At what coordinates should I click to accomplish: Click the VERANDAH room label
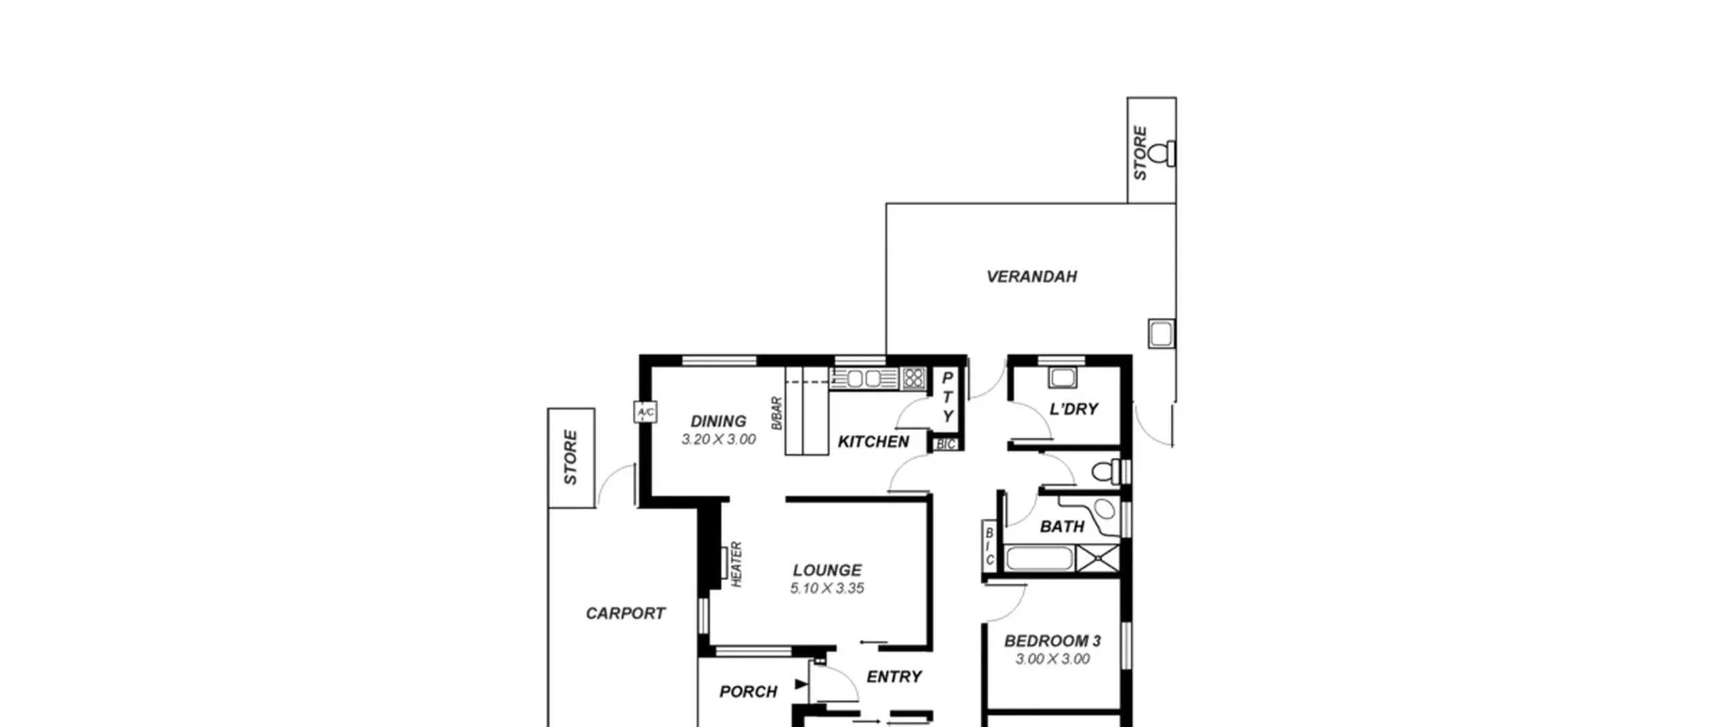(x=1031, y=276)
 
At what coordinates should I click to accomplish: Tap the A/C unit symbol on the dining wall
(x=644, y=412)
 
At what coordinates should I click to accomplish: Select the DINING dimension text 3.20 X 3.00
(x=718, y=439)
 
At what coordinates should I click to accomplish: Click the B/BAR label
(x=777, y=413)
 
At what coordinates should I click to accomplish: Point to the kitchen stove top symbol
(x=913, y=378)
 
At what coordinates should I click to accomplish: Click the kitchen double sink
(x=864, y=379)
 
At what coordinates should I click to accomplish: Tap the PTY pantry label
(x=947, y=397)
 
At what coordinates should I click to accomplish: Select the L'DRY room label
(x=1073, y=408)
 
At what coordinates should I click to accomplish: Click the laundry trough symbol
(x=1062, y=377)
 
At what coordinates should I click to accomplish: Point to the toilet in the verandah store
(x=1161, y=154)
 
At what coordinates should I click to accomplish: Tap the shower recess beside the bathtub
(x=1097, y=559)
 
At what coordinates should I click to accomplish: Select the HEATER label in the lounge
(x=737, y=564)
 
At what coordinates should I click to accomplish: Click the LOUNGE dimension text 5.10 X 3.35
(x=827, y=588)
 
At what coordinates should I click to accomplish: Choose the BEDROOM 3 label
(x=1052, y=640)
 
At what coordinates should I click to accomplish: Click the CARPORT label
(x=625, y=613)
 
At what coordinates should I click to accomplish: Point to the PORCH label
(x=748, y=691)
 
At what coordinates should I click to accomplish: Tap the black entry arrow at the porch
(x=801, y=684)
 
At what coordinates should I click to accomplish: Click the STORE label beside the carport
(x=571, y=457)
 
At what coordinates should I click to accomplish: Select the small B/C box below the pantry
(x=946, y=444)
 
